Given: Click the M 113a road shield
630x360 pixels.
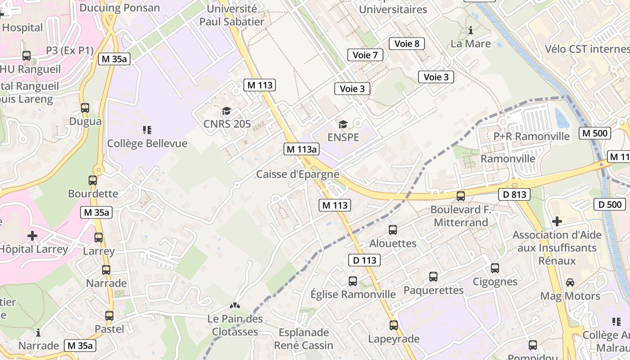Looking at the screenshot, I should click(301, 149).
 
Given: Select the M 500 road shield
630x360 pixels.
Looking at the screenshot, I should click(594, 133).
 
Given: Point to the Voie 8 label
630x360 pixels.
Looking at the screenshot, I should click(407, 44).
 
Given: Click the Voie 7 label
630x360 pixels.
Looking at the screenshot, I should click(365, 55).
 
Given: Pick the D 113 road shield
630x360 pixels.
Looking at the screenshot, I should click(364, 260).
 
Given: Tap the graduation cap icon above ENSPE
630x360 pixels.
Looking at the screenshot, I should click(343, 124).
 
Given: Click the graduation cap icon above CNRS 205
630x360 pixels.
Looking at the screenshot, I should click(226, 111).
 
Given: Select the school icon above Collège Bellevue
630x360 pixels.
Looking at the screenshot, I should click(147, 130).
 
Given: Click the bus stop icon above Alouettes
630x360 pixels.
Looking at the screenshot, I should click(393, 230).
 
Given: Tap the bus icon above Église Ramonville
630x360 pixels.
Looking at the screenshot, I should click(353, 281).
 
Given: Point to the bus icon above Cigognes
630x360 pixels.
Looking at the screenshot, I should click(495, 268).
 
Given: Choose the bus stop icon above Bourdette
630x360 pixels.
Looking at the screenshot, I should click(93, 180).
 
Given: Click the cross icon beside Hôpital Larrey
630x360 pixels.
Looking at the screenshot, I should click(32, 235).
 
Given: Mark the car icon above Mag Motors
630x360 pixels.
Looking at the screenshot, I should click(570, 283).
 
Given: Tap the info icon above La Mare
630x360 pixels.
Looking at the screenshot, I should click(471, 31).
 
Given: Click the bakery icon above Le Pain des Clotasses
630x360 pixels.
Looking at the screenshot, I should click(235, 306).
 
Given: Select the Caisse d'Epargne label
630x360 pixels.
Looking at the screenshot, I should click(297, 174).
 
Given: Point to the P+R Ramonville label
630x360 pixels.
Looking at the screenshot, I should click(531, 136).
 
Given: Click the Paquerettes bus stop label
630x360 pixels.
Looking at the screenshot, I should click(433, 290).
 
